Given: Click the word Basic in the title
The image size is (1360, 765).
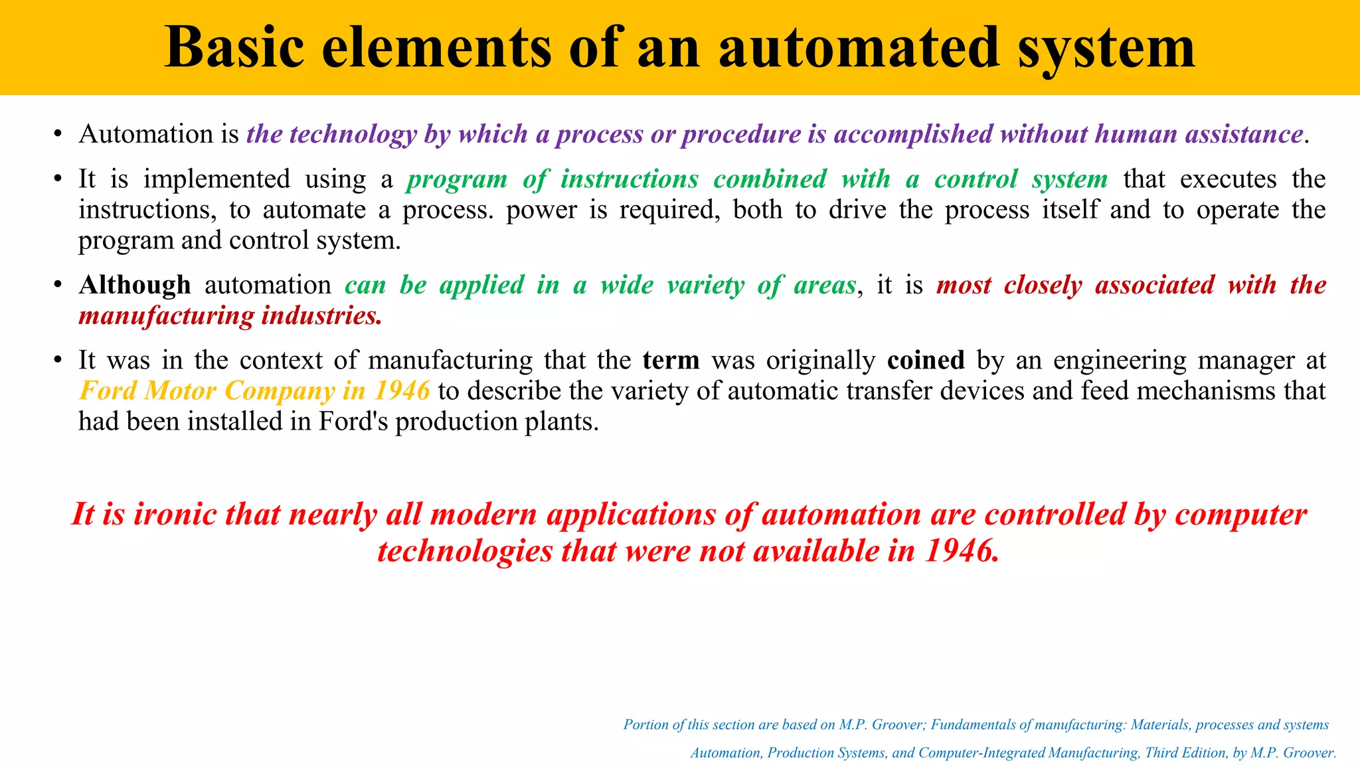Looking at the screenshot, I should pyautogui.click(x=234, y=48).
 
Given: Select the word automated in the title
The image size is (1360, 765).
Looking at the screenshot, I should pyautogui.click(x=859, y=48).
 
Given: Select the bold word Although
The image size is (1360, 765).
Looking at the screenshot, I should pyautogui.click(x=135, y=285).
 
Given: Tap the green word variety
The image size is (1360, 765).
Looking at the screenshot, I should pyautogui.click(x=705, y=286).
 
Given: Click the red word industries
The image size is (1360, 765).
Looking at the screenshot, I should pyautogui.click(x=321, y=316).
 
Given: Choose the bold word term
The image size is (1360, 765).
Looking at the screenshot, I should pyautogui.click(x=671, y=361).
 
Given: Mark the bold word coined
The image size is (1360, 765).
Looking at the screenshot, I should pyautogui.click(x=926, y=361).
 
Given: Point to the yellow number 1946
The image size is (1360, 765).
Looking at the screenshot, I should pyautogui.click(x=402, y=391).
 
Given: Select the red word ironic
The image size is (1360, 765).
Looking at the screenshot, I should pyautogui.click(x=175, y=515).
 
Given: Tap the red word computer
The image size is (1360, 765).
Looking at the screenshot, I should pyautogui.click(x=1240, y=515).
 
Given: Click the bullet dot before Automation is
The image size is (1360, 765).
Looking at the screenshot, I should pyautogui.click(x=58, y=135).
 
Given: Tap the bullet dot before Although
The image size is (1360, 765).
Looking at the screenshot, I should pyautogui.click(x=58, y=286).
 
